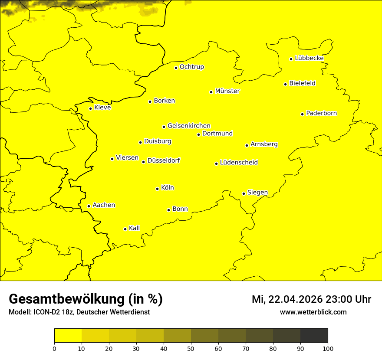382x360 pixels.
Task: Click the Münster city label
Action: coord(227,91)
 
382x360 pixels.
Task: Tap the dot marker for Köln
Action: coord(157,189)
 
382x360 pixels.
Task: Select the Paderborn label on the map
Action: coord(321,113)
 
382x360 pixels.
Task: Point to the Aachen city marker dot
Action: coord(89,206)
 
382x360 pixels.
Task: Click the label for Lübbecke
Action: coord(309,58)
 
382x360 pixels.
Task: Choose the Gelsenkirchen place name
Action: coord(189,126)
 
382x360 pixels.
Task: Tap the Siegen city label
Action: coord(257,193)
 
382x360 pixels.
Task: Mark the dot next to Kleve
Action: coord(90,108)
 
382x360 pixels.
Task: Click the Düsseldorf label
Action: coord(163,160)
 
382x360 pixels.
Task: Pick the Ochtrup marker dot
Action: coord(176,68)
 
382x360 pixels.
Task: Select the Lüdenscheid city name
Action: coord(239,163)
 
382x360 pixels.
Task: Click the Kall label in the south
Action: coord(135,228)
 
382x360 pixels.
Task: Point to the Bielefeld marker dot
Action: coord(285,84)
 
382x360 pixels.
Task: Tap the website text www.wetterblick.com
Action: coord(313,312)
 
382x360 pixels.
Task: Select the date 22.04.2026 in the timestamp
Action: coord(293,299)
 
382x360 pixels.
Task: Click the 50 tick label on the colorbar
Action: coord(191,348)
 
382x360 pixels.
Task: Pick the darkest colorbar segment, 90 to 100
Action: coord(314,336)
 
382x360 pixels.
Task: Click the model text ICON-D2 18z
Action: coord(53,312)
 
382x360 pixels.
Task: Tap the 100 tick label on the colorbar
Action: coord(328,348)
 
